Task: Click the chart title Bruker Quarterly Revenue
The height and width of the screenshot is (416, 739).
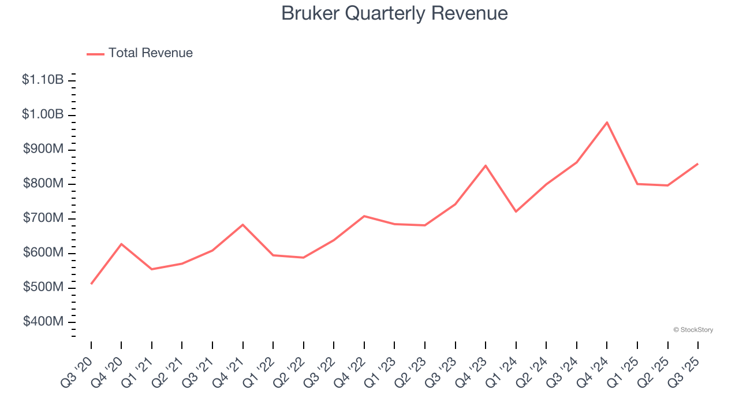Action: click(x=394, y=13)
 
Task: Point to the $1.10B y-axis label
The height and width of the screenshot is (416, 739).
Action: click(x=43, y=80)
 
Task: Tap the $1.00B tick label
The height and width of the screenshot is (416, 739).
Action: click(x=43, y=114)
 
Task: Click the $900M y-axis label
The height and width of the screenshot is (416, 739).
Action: click(x=43, y=149)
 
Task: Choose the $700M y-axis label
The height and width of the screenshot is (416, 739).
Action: click(x=43, y=218)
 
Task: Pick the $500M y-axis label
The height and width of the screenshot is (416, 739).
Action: click(x=43, y=287)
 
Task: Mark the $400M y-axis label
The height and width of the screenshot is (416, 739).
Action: click(x=43, y=321)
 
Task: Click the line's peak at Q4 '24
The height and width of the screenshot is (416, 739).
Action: click(x=607, y=122)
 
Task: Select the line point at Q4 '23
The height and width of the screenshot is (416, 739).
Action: click(x=486, y=166)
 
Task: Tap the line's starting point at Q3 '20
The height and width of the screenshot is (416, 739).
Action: click(x=91, y=284)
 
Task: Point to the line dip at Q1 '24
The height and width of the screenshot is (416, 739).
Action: click(x=516, y=211)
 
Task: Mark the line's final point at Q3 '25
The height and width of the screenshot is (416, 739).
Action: click(x=697, y=164)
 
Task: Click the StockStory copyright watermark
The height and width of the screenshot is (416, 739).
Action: click(x=693, y=330)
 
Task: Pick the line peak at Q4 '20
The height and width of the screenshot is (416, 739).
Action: click(x=121, y=244)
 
